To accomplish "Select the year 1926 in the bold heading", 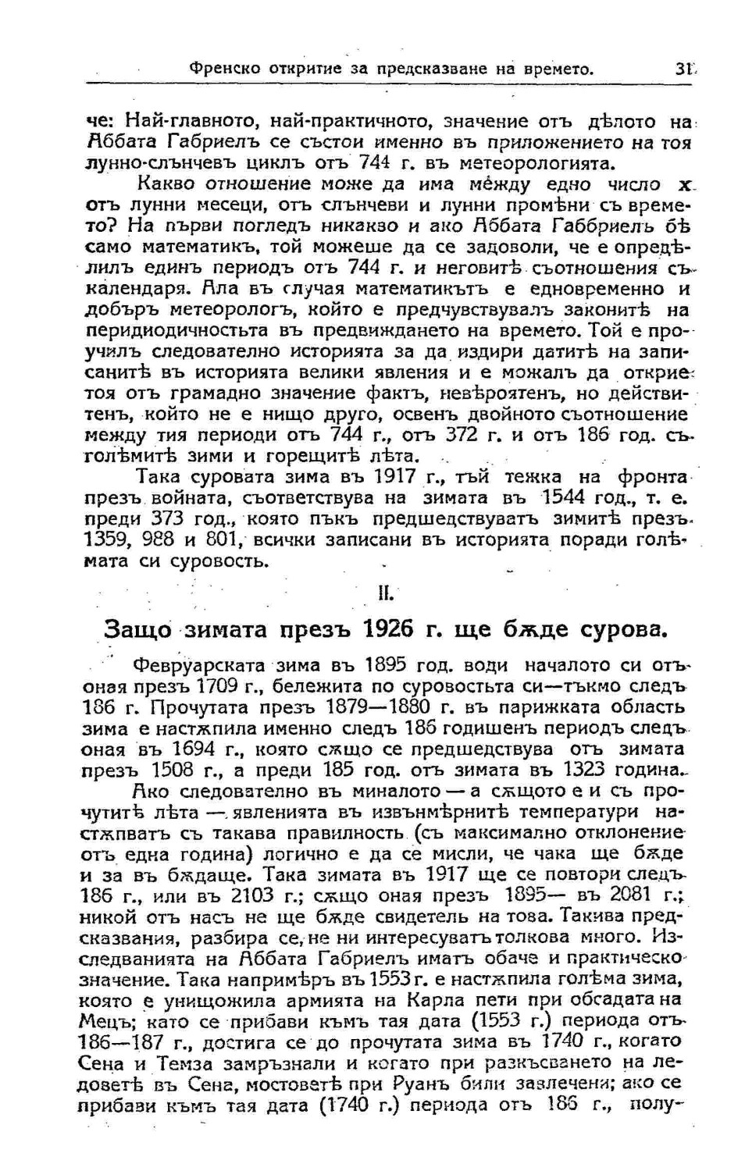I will tap(387, 629).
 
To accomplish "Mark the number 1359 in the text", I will tap(106, 539).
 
